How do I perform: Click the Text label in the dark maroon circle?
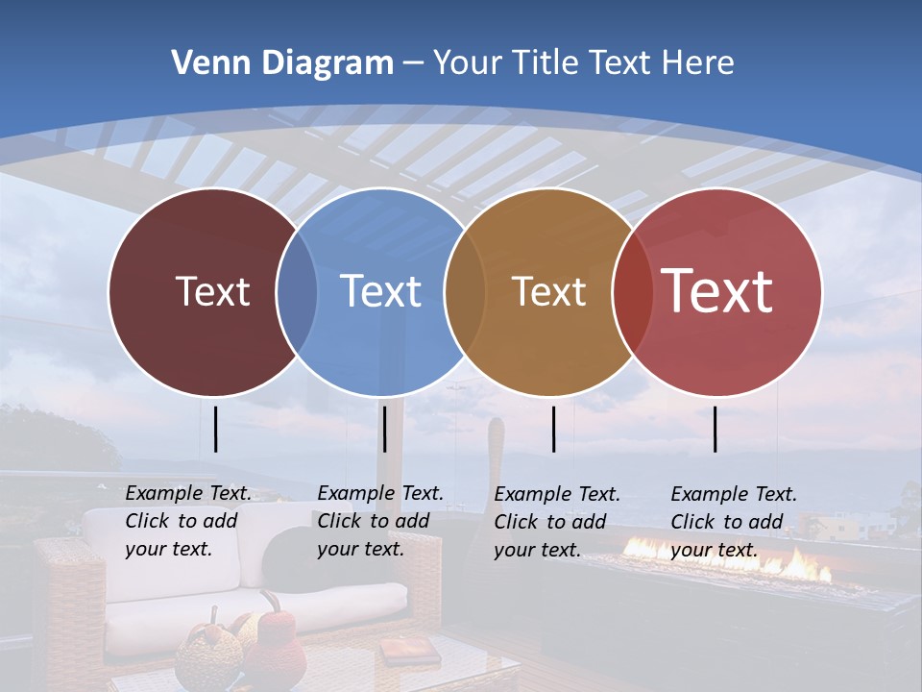212,291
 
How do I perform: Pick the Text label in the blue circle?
380,291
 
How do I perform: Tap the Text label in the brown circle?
548,291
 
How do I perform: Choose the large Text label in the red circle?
717,290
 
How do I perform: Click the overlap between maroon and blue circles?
297,291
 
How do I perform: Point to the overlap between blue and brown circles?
465,291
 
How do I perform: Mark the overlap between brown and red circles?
633,291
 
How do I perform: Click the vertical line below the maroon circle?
216,429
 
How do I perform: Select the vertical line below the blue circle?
384,429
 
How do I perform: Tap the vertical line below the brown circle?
554,429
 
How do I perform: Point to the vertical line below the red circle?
716,429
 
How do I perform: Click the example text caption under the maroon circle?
188,521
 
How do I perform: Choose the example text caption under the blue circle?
380,521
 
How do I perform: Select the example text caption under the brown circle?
557,522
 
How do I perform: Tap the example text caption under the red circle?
734,522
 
